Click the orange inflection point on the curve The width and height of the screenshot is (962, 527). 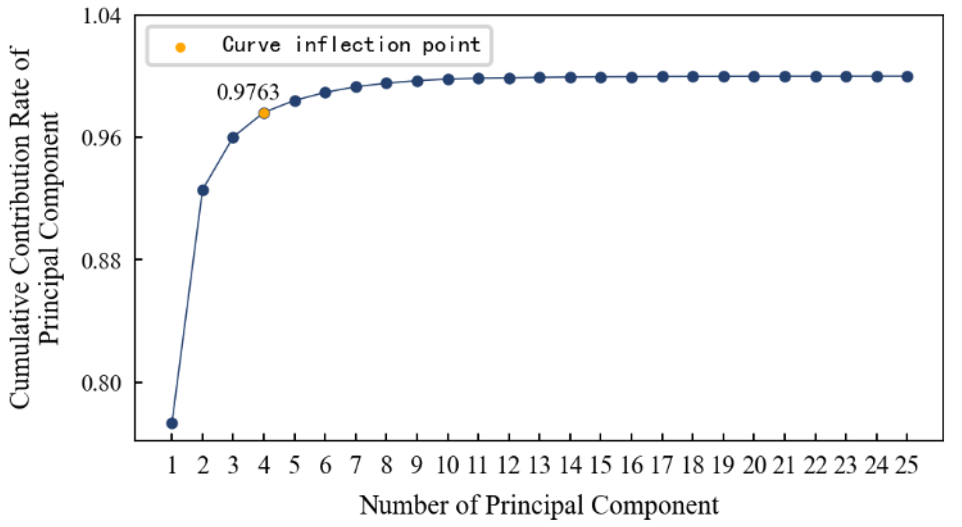tap(264, 113)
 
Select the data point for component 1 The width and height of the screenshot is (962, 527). tap(172, 423)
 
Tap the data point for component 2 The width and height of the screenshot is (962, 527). tap(203, 190)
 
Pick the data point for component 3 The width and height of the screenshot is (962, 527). tap(233, 138)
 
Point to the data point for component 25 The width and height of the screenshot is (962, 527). tap(907, 77)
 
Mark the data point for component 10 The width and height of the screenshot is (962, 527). tap(448, 79)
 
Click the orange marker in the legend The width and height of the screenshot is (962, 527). tap(180, 47)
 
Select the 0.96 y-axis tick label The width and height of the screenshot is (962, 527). tap(101, 138)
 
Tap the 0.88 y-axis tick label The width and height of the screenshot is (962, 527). tap(101, 260)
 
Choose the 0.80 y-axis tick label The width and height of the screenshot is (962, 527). tap(101, 383)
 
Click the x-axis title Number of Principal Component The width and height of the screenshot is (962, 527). tap(539, 505)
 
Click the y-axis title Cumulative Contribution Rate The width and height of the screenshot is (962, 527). tap(20, 229)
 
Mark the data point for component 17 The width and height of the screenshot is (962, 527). tap(663, 77)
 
